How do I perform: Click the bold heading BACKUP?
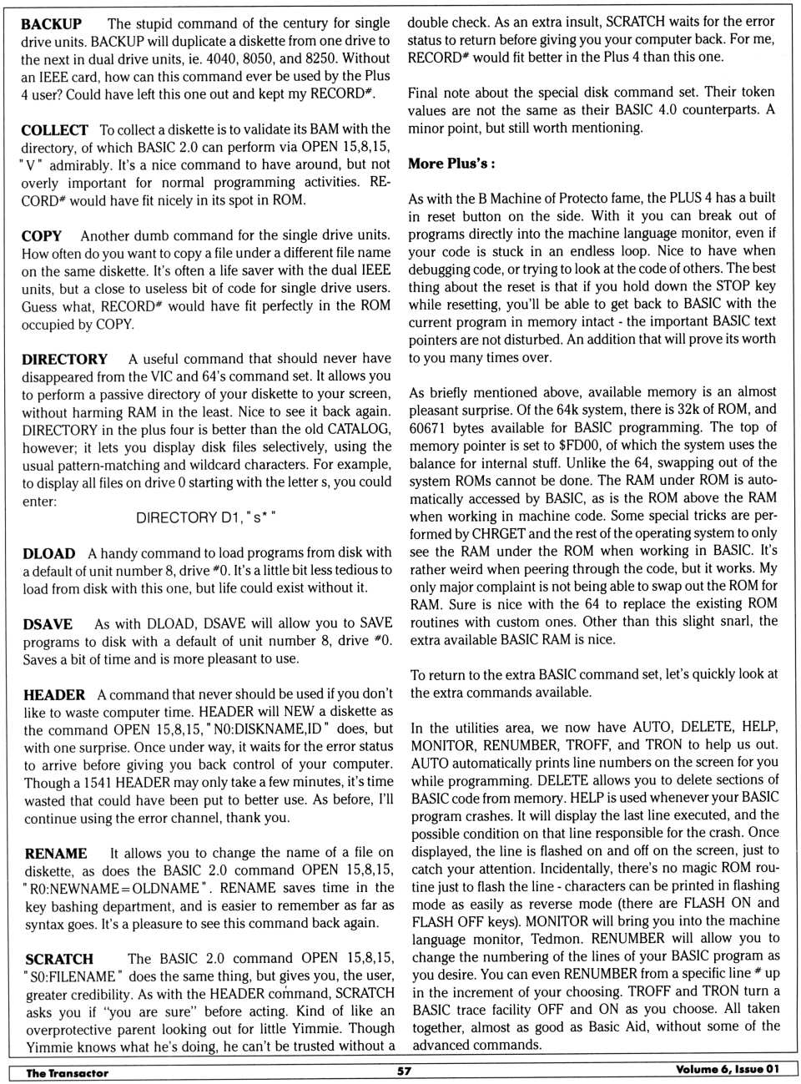pyautogui.click(x=51, y=24)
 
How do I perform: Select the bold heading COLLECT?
pyautogui.click(x=54, y=130)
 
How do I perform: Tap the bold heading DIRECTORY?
pyautogui.click(x=64, y=360)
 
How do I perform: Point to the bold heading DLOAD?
pyautogui.click(x=48, y=554)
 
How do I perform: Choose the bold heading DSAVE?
pyautogui.click(x=48, y=624)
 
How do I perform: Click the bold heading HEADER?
pyautogui.click(x=54, y=695)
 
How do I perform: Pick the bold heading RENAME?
pyautogui.click(x=56, y=854)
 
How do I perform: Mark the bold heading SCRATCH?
pyautogui.click(x=59, y=960)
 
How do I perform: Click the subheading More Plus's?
pyautogui.click(x=451, y=164)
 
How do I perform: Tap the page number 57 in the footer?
pyautogui.click(x=404, y=1071)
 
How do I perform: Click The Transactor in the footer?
pyautogui.click(x=67, y=1073)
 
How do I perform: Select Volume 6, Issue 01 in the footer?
pyautogui.click(x=728, y=1070)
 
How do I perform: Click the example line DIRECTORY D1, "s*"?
pyautogui.click(x=206, y=518)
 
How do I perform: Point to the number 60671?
pyautogui.click(x=429, y=427)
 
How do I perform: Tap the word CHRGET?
pyautogui.click(x=499, y=533)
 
